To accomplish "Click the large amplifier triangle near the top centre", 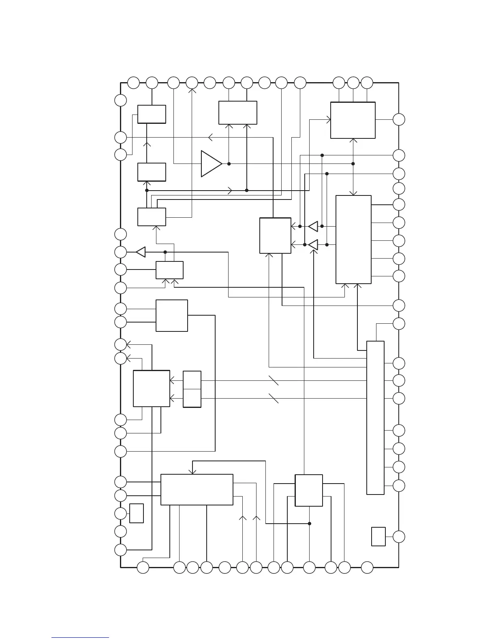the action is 211,164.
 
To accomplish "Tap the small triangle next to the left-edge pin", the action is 141,252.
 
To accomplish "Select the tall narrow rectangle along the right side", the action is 375,417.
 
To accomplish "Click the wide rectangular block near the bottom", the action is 197,490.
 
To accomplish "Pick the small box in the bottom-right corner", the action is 378,537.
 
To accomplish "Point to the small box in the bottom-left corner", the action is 137,513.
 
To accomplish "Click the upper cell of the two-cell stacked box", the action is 192,380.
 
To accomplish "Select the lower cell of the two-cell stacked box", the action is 192,398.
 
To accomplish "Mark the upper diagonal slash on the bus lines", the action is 274,380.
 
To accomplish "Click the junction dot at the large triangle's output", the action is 229,164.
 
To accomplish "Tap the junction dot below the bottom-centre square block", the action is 309,523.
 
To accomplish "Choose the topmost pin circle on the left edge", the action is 120,100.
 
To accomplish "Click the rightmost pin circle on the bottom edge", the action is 367,567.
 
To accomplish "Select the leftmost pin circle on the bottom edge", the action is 143,567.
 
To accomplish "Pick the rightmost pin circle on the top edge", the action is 367,83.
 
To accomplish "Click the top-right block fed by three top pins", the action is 353,120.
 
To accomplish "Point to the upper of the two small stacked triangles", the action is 313,226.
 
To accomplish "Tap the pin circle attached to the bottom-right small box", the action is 399,537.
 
